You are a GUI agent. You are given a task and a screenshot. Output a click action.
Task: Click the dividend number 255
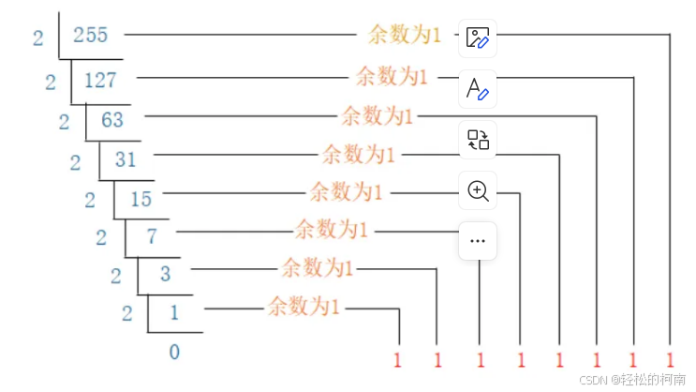[x=90, y=36]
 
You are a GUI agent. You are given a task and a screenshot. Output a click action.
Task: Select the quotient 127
[x=101, y=80]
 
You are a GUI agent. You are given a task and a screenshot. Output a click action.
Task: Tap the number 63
[x=112, y=119]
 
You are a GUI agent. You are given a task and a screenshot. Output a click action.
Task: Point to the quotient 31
[x=126, y=158]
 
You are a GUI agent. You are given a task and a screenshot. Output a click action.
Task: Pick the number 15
[x=141, y=198]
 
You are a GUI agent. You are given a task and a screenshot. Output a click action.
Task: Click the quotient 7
[x=151, y=235]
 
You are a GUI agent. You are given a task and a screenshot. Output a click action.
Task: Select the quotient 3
[x=166, y=274]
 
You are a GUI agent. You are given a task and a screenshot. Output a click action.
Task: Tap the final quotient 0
[x=174, y=352]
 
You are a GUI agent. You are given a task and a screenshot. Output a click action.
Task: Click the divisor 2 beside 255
[x=38, y=38]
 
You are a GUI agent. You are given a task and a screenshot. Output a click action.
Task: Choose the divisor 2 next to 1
[x=127, y=313]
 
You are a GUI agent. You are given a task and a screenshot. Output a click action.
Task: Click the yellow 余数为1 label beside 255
[x=405, y=36]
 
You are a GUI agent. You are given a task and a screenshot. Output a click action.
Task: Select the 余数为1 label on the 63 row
[x=377, y=115]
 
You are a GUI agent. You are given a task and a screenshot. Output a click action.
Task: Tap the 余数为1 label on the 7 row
[x=333, y=228]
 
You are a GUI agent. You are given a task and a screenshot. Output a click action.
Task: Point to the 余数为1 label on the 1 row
[x=304, y=305]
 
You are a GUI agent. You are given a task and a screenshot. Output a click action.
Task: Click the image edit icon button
[x=478, y=38]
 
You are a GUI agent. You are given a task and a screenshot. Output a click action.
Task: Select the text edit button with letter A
[x=478, y=89]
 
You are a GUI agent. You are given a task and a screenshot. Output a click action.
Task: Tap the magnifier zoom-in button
[x=478, y=191]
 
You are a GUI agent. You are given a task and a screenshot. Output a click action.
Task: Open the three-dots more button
[x=478, y=241]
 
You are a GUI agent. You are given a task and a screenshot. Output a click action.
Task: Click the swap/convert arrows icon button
[x=478, y=141]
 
